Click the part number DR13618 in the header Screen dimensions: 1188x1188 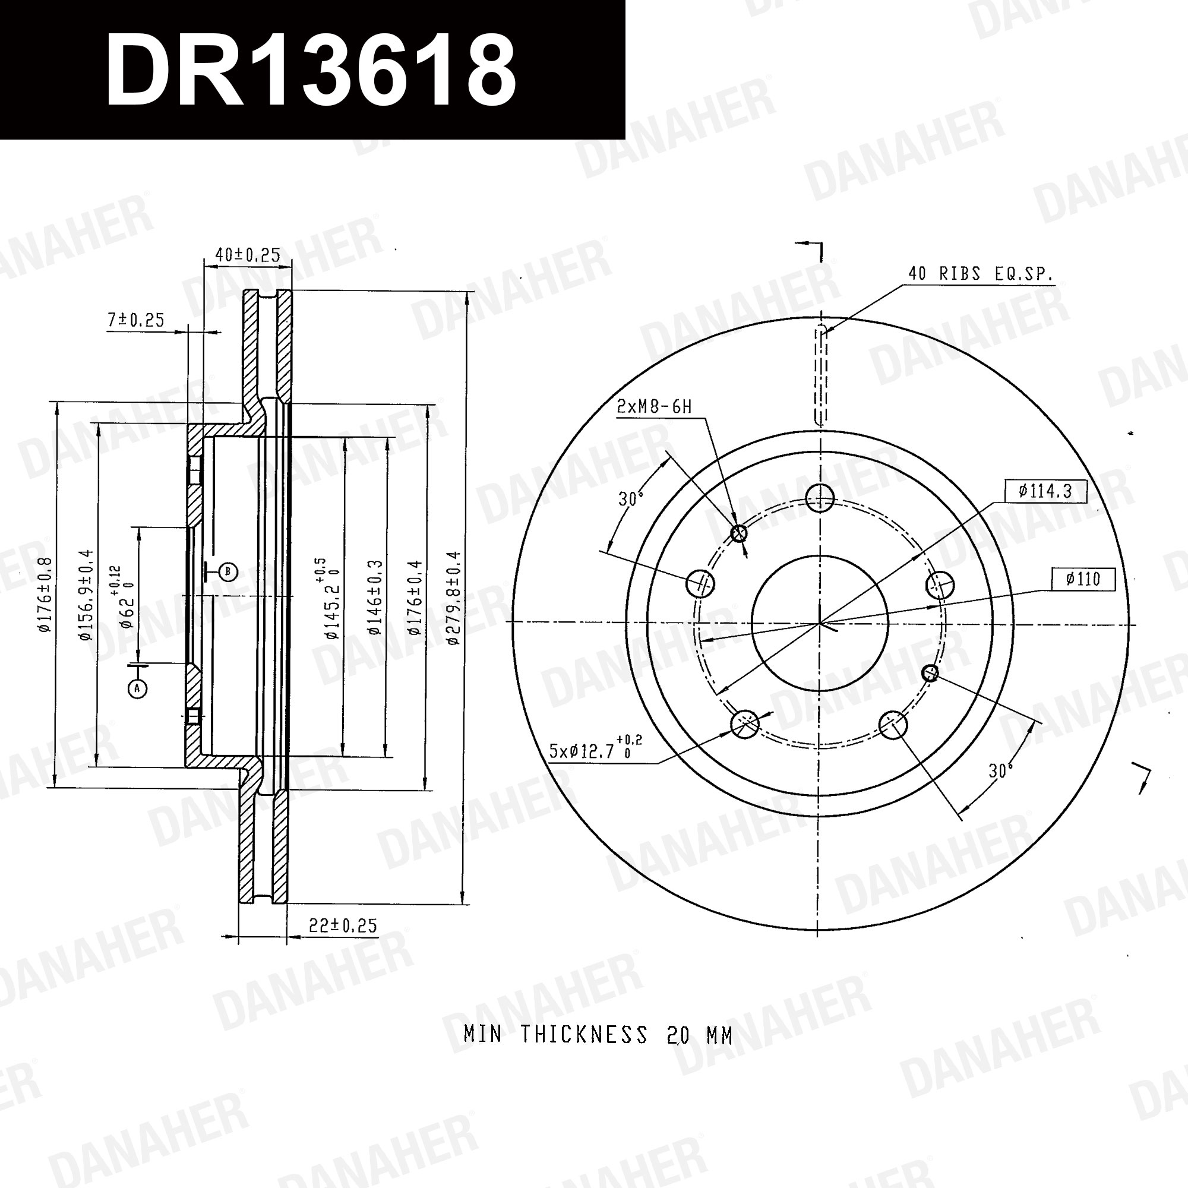(311, 71)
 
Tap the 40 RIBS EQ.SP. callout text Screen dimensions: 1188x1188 (980, 274)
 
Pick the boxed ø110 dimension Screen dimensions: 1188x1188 (1083, 579)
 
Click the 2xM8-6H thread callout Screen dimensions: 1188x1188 (654, 406)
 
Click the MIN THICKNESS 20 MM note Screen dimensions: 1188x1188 (598, 1035)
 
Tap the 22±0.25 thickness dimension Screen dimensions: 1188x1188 (343, 925)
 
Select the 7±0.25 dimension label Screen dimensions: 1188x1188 (136, 320)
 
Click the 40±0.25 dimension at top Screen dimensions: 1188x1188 (248, 255)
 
